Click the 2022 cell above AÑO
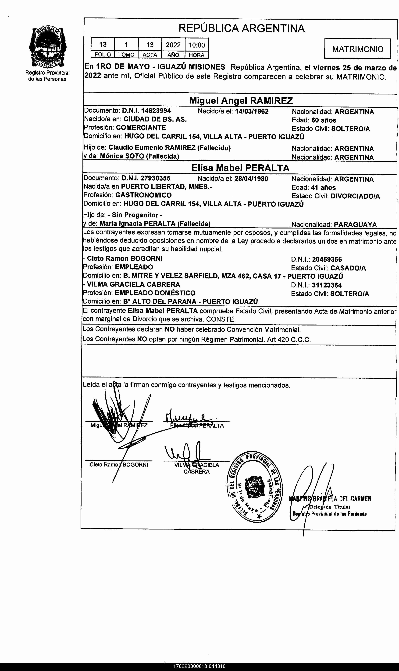(x=173, y=45)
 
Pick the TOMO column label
(x=126, y=55)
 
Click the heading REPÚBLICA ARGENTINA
(x=241, y=28)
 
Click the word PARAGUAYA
(x=355, y=225)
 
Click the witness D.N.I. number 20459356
(x=327, y=259)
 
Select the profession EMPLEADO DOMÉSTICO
(x=155, y=293)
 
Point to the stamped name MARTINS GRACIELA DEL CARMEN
(x=330, y=499)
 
